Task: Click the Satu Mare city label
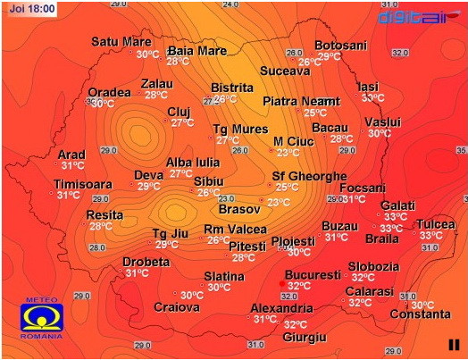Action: pyautogui.click(x=121, y=41)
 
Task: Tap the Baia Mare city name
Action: pyautogui.click(x=197, y=50)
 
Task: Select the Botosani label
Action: pyautogui.click(x=340, y=45)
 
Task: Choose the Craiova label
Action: pyautogui.click(x=176, y=307)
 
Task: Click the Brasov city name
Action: pyautogui.click(x=238, y=209)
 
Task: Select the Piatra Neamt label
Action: pyautogui.click(x=301, y=101)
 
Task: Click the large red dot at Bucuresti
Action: pyautogui.click(x=282, y=285)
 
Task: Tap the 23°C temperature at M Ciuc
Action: pyautogui.click(x=288, y=153)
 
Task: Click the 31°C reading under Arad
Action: pyautogui.click(x=72, y=165)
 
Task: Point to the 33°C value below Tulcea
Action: pyautogui.click(x=431, y=235)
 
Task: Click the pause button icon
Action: pyautogui.click(x=454, y=344)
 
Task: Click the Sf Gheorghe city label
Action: pyautogui.click(x=309, y=175)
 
